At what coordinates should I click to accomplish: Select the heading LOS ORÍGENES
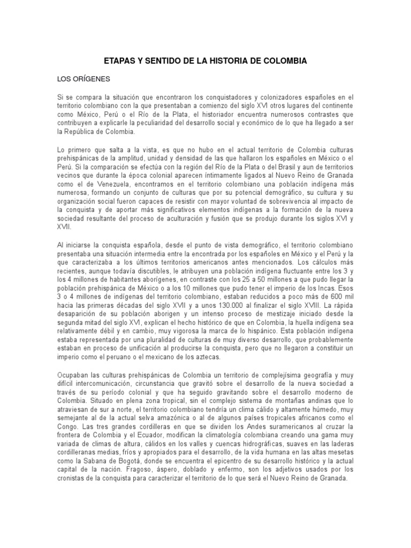83,79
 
